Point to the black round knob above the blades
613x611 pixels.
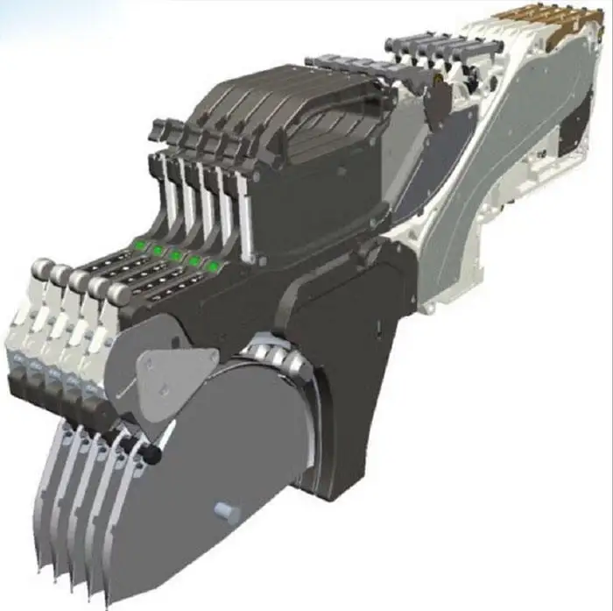click(154, 454)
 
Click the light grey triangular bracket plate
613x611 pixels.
click(176, 372)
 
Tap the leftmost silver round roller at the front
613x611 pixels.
click(41, 267)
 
